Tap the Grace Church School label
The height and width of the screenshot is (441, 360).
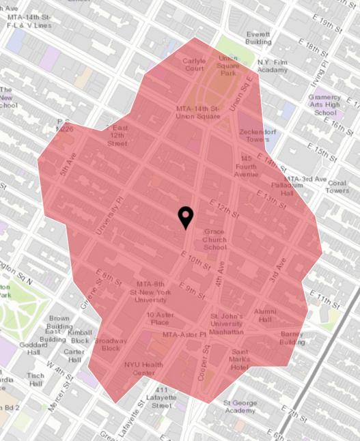[215, 240]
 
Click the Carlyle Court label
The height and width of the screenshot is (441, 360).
[193, 65]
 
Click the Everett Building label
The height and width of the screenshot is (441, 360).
[260, 37]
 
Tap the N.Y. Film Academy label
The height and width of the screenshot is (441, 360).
[273, 66]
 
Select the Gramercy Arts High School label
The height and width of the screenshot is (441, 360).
[325, 102]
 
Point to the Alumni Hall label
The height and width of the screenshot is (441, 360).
[265, 315]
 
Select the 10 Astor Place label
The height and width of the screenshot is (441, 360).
[158, 318]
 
